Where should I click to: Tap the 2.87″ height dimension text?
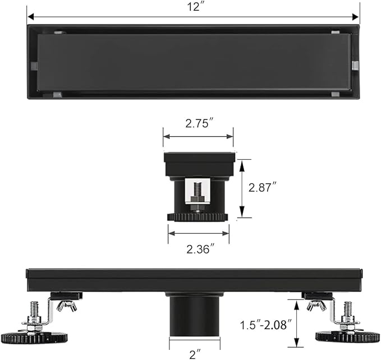click(x=263, y=188)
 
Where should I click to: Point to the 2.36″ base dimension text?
click(x=200, y=248)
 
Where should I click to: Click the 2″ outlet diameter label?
click(x=194, y=353)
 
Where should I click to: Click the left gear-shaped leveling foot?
click(x=34, y=338)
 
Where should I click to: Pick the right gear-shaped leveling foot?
click(x=347, y=336)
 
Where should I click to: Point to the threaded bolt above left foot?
click(x=34, y=310)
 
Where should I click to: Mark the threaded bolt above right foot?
click(x=348, y=310)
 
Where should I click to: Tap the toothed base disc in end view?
click(x=198, y=216)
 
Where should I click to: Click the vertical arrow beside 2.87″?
click(x=242, y=188)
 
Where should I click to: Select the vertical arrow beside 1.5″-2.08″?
click(x=296, y=324)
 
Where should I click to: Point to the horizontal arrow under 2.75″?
click(x=198, y=136)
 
